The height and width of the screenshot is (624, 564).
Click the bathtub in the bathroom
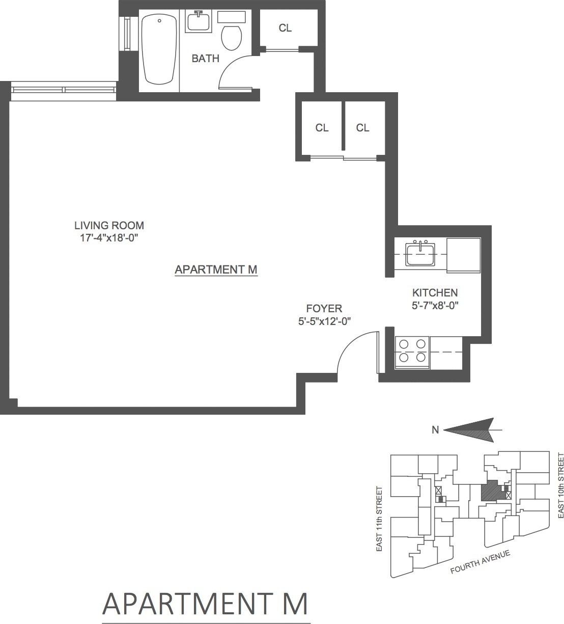pyautogui.click(x=159, y=50)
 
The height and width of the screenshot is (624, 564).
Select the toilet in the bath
pyautogui.click(x=232, y=37)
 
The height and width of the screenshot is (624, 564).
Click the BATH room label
pyautogui.click(x=205, y=59)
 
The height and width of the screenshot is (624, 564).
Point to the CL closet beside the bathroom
pyautogui.click(x=285, y=29)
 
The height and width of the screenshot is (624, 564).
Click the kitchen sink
pyautogui.click(x=420, y=254)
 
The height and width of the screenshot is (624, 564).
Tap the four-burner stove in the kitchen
pyautogui.click(x=412, y=350)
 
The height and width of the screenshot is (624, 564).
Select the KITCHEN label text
pyautogui.click(x=435, y=293)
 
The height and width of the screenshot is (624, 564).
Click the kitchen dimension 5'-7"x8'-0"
pyautogui.click(x=435, y=306)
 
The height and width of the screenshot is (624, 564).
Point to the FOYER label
pyautogui.click(x=324, y=309)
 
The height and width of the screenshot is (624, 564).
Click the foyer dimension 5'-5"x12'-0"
pyautogui.click(x=325, y=321)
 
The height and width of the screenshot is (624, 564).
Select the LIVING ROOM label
pyautogui.click(x=109, y=225)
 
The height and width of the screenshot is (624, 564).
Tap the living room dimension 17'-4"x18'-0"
pyautogui.click(x=109, y=238)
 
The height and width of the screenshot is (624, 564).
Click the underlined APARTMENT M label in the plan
pyautogui.click(x=216, y=269)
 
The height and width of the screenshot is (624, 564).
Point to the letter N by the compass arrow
pyautogui.click(x=435, y=430)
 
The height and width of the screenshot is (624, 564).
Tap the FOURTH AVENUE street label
pyautogui.click(x=480, y=562)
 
